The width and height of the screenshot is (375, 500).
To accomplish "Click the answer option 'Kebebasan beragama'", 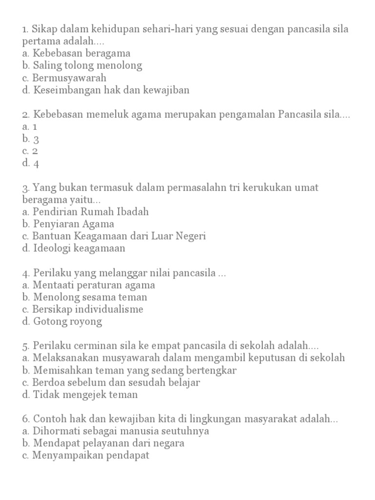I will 82,53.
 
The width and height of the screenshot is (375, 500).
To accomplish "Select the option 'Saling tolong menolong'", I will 88,65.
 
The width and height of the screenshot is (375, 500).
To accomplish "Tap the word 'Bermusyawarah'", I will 69,78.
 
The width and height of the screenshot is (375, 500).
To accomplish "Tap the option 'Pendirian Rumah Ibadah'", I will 91,212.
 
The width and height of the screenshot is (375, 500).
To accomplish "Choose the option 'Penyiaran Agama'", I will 74,224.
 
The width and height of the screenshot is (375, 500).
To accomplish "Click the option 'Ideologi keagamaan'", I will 79,248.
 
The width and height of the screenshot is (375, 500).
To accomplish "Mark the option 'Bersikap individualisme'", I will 88,309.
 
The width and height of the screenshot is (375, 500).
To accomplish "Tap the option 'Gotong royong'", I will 68,321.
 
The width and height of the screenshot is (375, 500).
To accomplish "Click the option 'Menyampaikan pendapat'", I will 91,456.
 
